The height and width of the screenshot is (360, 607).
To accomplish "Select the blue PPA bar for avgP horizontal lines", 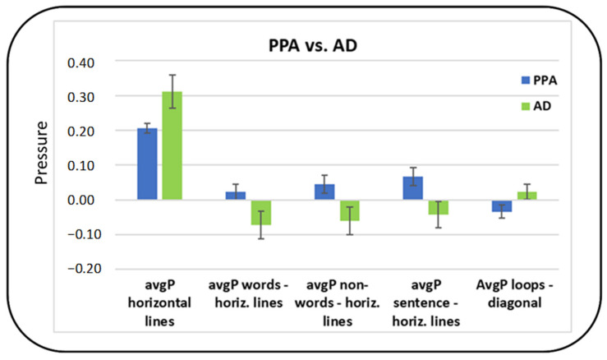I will click(x=147, y=164).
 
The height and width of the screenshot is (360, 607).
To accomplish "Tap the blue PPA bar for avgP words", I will click(x=236, y=196).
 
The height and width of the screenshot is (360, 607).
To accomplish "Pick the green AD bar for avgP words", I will click(x=261, y=212).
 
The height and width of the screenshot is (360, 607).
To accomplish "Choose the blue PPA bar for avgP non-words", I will click(x=325, y=192).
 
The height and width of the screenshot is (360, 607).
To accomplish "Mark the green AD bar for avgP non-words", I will click(x=351, y=210).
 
